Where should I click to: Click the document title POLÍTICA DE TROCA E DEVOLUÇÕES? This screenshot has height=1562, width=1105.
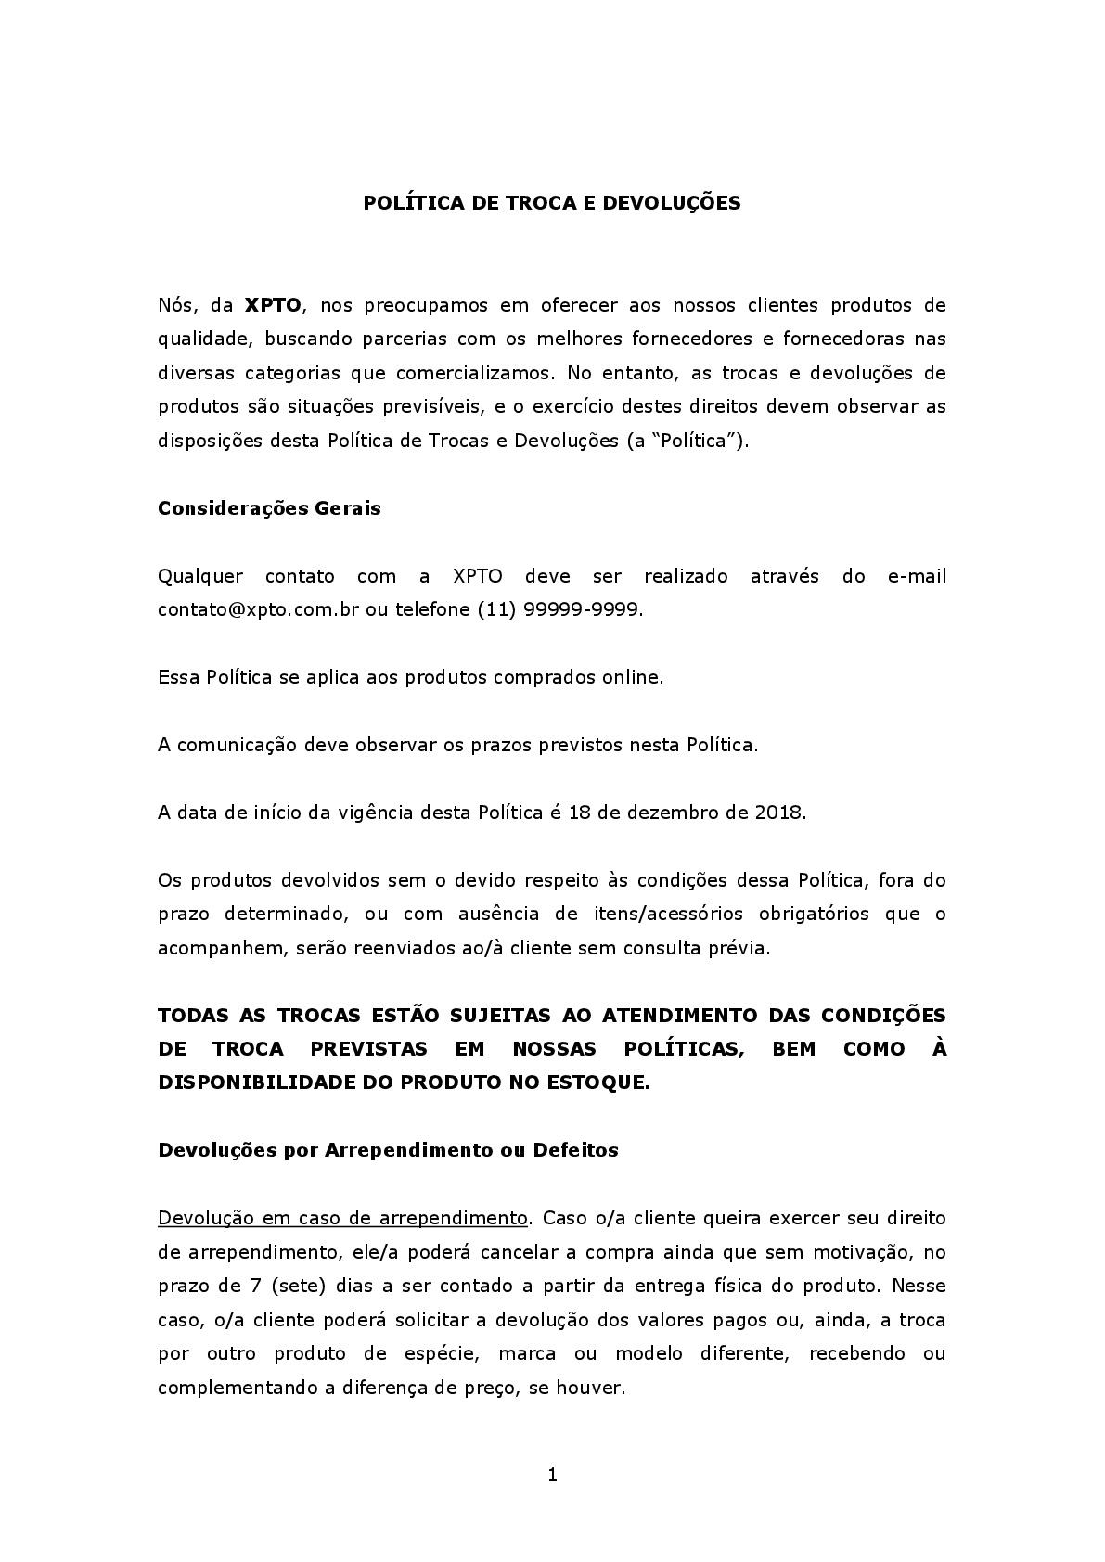(x=551, y=203)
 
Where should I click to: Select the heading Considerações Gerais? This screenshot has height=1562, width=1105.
(x=269, y=508)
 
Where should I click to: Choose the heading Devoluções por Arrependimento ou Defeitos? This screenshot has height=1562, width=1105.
(x=388, y=1150)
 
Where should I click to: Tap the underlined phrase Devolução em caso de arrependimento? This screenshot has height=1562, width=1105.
(x=342, y=1218)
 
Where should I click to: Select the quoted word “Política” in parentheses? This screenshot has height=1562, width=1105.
(x=689, y=441)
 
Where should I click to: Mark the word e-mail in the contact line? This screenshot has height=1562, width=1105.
(x=917, y=576)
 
